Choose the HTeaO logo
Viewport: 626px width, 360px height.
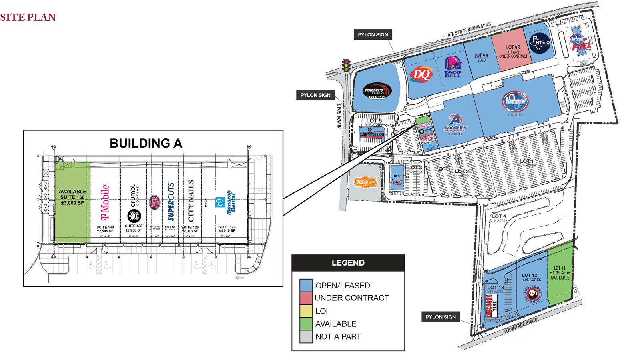click(540, 43)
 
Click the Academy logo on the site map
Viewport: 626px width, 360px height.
click(455, 123)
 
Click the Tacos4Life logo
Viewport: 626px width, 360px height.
click(365, 183)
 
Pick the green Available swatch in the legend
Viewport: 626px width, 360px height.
click(306, 324)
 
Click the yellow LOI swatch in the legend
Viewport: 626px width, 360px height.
click(306, 311)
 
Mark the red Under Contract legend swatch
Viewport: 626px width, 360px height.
click(306, 298)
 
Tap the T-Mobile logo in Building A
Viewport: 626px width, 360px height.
click(105, 202)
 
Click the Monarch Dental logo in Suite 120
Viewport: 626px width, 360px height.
click(226, 202)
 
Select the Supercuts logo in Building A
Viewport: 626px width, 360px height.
click(171, 202)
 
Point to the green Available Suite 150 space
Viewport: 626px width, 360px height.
click(72, 202)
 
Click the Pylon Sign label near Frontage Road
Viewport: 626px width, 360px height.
click(440, 317)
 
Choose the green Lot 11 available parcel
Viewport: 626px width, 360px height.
click(560, 276)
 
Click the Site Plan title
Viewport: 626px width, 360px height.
click(28, 17)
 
